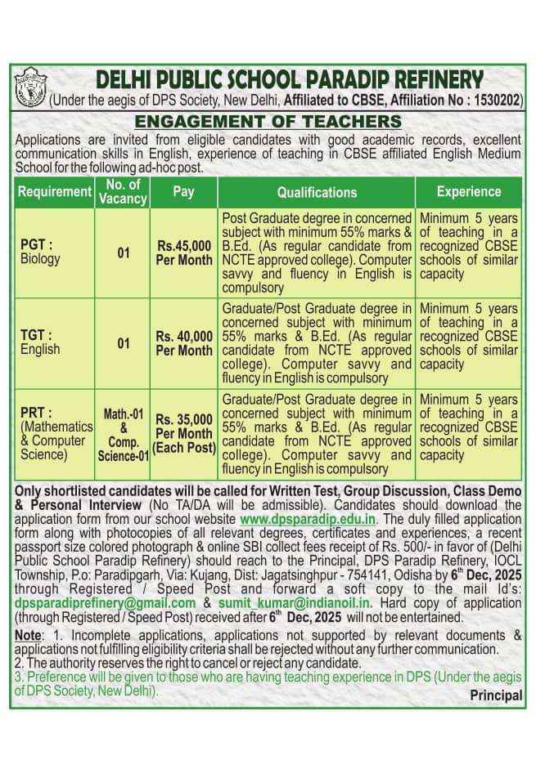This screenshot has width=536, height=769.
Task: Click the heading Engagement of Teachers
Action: pos(268,122)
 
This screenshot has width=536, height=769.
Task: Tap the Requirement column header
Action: pos(54,192)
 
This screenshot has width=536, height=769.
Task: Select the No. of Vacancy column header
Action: pos(123,192)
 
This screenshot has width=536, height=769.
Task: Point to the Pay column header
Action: pos(183,192)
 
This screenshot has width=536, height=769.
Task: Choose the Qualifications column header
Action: pos(317,192)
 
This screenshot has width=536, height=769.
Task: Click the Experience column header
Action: pos(468,192)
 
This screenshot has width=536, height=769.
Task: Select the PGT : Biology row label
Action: pos(41,252)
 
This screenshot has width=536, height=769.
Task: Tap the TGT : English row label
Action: pos(41,342)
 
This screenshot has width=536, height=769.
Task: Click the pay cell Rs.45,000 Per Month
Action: pos(184,253)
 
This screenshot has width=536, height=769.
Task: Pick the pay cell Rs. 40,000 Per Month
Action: pos(184,343)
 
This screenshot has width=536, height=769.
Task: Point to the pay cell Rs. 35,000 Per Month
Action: pos(184,433)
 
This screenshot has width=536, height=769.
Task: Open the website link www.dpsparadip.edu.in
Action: pos(307,519)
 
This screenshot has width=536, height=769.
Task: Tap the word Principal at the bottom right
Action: pos(496,695)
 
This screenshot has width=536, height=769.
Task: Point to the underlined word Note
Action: pos(30,635)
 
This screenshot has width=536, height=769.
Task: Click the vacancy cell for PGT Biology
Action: pos(123,253)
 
